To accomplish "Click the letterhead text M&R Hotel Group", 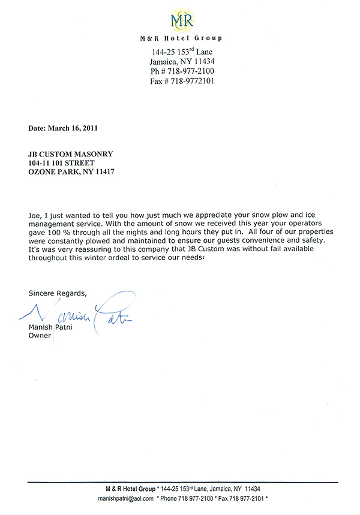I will (x=181, y=38).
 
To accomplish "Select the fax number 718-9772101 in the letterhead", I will (x=191, y=81).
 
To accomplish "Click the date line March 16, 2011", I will (x=63, y=128).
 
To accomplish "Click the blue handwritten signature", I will (x=84, y=312).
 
